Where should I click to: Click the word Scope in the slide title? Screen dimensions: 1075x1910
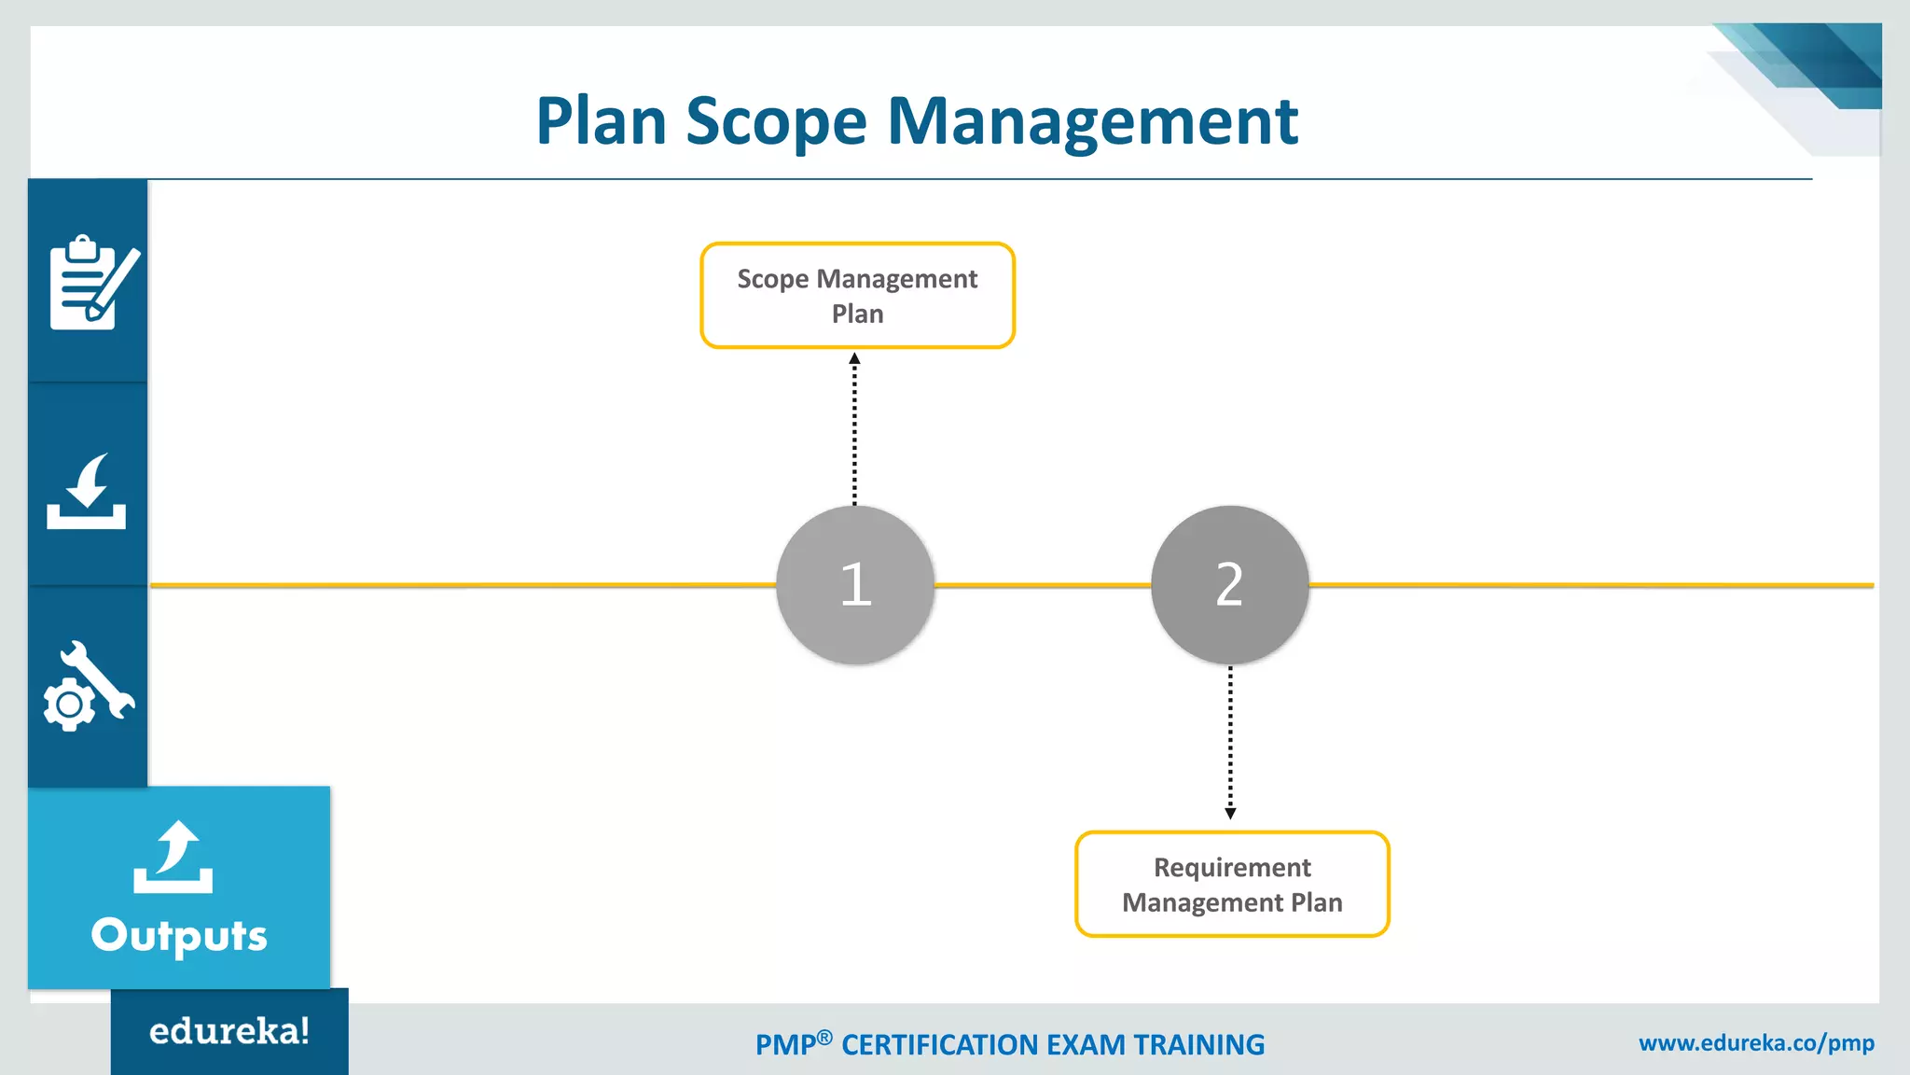click(776, 122)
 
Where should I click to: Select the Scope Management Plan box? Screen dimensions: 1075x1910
click(857, 296)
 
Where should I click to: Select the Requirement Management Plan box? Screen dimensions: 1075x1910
click(1232, 884)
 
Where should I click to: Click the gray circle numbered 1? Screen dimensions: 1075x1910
click(855, 585)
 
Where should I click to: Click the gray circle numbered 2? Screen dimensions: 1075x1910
click(1229, 585)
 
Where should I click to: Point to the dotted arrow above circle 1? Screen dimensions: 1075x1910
click(854, 429)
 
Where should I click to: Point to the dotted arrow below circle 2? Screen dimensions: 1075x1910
click(1230, 743)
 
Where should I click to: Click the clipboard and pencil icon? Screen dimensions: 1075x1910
click(91, 283)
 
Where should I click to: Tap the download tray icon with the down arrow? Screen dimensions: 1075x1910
click(87, 493)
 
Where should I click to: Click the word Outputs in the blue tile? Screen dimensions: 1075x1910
click(179, 935)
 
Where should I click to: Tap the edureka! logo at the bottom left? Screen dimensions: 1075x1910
click(229, 1031)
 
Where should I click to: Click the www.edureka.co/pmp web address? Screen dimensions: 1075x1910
click(1756, 1042)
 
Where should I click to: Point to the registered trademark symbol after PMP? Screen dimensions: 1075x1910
click(824, 1037)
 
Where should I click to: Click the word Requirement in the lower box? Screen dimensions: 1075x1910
click(1232, 867)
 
